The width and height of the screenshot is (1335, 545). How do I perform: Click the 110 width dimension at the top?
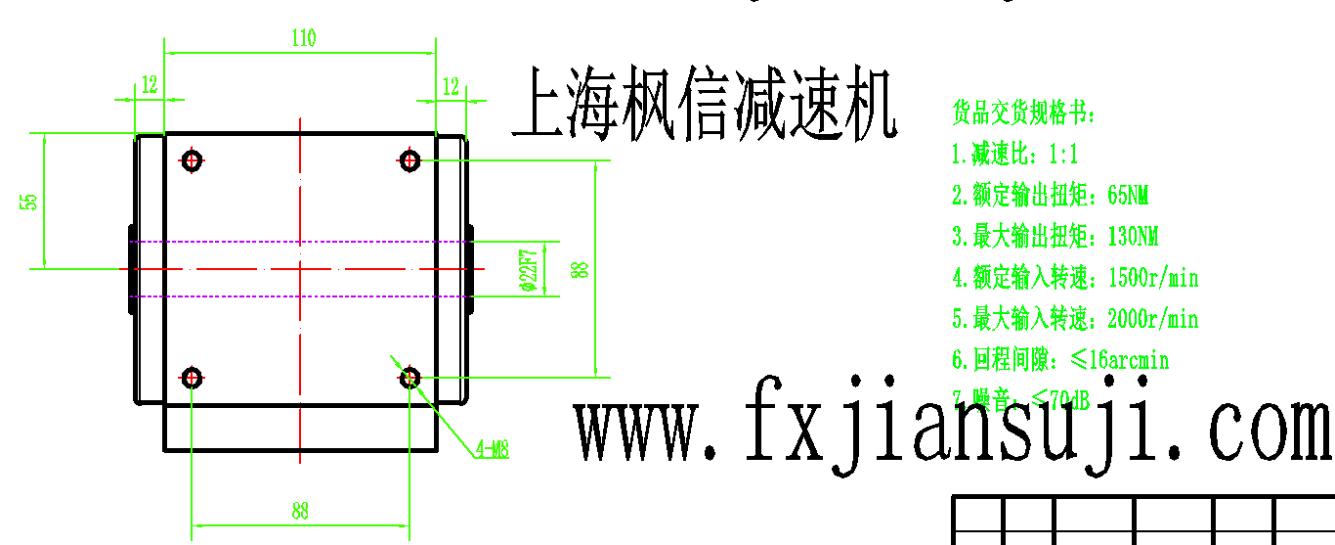[x=303, y=39]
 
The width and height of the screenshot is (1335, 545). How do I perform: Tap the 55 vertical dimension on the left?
[x=31, y=201]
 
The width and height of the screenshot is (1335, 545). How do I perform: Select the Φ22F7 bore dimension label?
[x=528, y=270]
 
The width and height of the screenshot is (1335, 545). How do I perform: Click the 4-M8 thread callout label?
[x=492, y=449]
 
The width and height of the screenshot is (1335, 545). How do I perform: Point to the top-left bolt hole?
[x=192, y=159]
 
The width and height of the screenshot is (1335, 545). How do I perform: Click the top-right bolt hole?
[x=409, y=159]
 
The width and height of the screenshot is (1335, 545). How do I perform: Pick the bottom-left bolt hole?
[x=192, y=377]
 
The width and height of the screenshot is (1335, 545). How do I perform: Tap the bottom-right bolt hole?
[x=409, y=377]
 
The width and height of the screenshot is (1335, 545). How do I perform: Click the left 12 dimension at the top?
[x=149, y=85]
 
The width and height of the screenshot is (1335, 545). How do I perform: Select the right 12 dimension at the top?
[x=451, y=86]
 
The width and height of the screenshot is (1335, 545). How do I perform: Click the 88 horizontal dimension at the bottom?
[x=300, y=511]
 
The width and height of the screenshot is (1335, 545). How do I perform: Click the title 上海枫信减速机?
[x=705, y=103]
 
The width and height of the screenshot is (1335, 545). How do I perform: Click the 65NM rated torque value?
[x=1129, y=196]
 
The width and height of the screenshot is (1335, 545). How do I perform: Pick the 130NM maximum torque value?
[x=1133, y=237]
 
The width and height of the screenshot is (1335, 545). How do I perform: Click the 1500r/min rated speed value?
[x=1153, y=278]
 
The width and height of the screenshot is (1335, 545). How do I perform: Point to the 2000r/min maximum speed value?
[x=1153, y=319]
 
